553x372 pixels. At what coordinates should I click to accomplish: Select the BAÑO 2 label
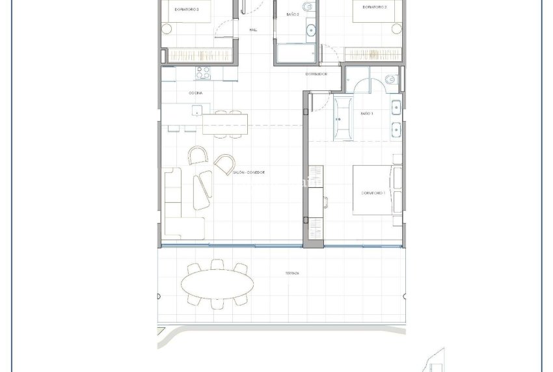[293, 14]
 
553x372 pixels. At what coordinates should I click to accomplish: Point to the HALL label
[254, 30]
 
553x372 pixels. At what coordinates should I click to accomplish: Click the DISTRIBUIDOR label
[316, 74]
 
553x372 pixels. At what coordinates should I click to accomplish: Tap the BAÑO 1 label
[366, 113]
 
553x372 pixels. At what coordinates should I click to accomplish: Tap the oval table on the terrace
[217, 284]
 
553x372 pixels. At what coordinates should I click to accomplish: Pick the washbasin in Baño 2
[310, 29]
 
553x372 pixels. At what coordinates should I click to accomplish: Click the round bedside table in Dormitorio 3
[167, 28]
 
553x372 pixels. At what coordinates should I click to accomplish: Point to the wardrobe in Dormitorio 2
[370, 55]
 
